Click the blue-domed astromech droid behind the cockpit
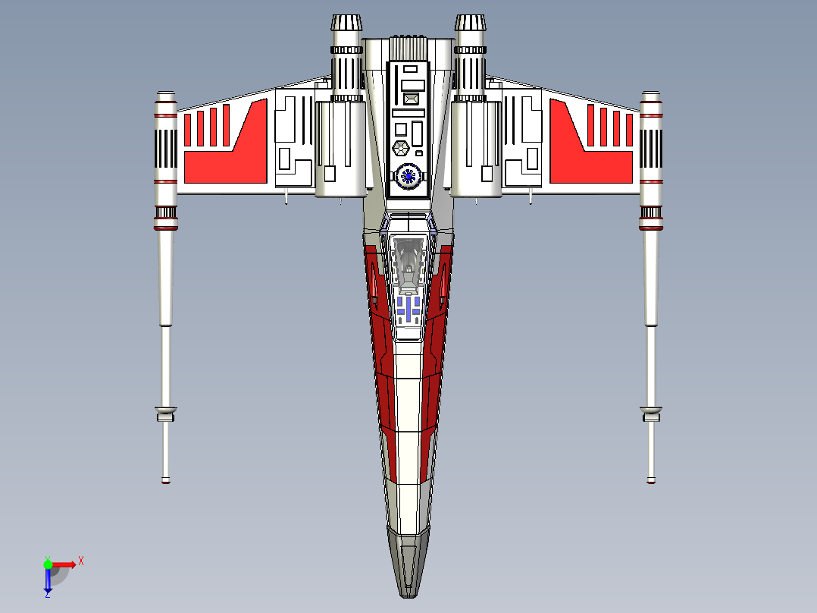[409, 176]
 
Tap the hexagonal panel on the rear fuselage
[401, 149]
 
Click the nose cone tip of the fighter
[409, 595]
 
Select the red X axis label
[81, 561]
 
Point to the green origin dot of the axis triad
[48, 564]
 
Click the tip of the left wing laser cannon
[166, 481]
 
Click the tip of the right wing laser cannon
[651, 481]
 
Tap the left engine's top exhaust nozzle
[346, 23]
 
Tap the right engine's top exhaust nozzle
[471, 23]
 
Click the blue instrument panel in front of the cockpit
[409, 309]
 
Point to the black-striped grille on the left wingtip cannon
[166, 149]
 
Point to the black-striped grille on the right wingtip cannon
[651, 149]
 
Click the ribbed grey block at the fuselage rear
[409, 48]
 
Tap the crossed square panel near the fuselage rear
[411, 99]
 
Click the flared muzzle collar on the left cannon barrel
[166, 413]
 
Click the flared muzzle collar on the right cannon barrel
[651, 413]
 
